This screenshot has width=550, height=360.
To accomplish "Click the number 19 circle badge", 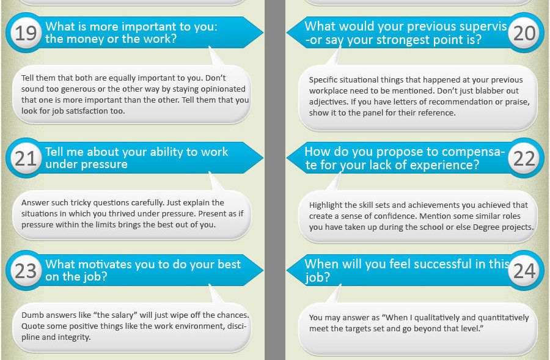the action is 26,32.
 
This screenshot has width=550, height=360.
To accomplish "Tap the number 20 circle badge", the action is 524,32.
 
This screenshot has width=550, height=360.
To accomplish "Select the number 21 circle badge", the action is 26,158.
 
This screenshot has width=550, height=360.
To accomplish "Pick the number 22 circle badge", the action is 524,158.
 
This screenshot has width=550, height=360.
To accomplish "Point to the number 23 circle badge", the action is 26,271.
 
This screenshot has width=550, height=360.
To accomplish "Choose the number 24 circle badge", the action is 524,271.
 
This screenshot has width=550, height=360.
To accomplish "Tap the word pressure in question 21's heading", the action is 106,164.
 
